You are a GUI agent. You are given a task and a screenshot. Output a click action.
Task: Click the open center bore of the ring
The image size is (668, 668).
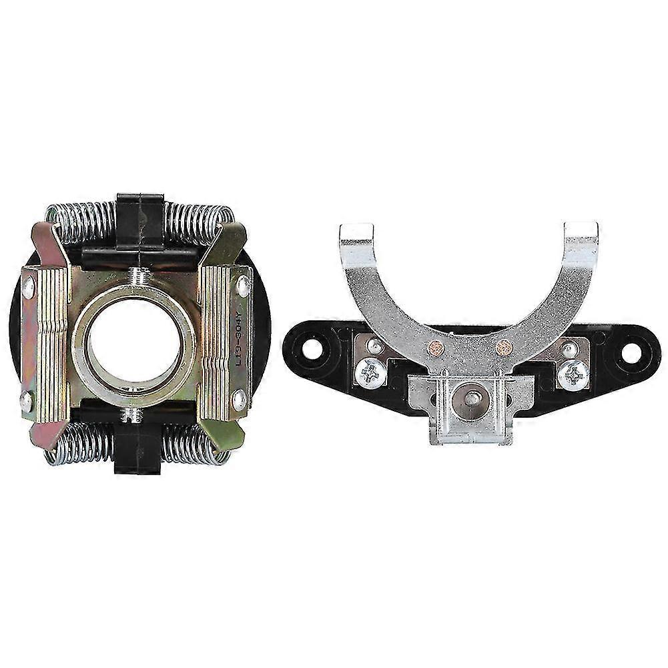[x=134, y=344]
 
